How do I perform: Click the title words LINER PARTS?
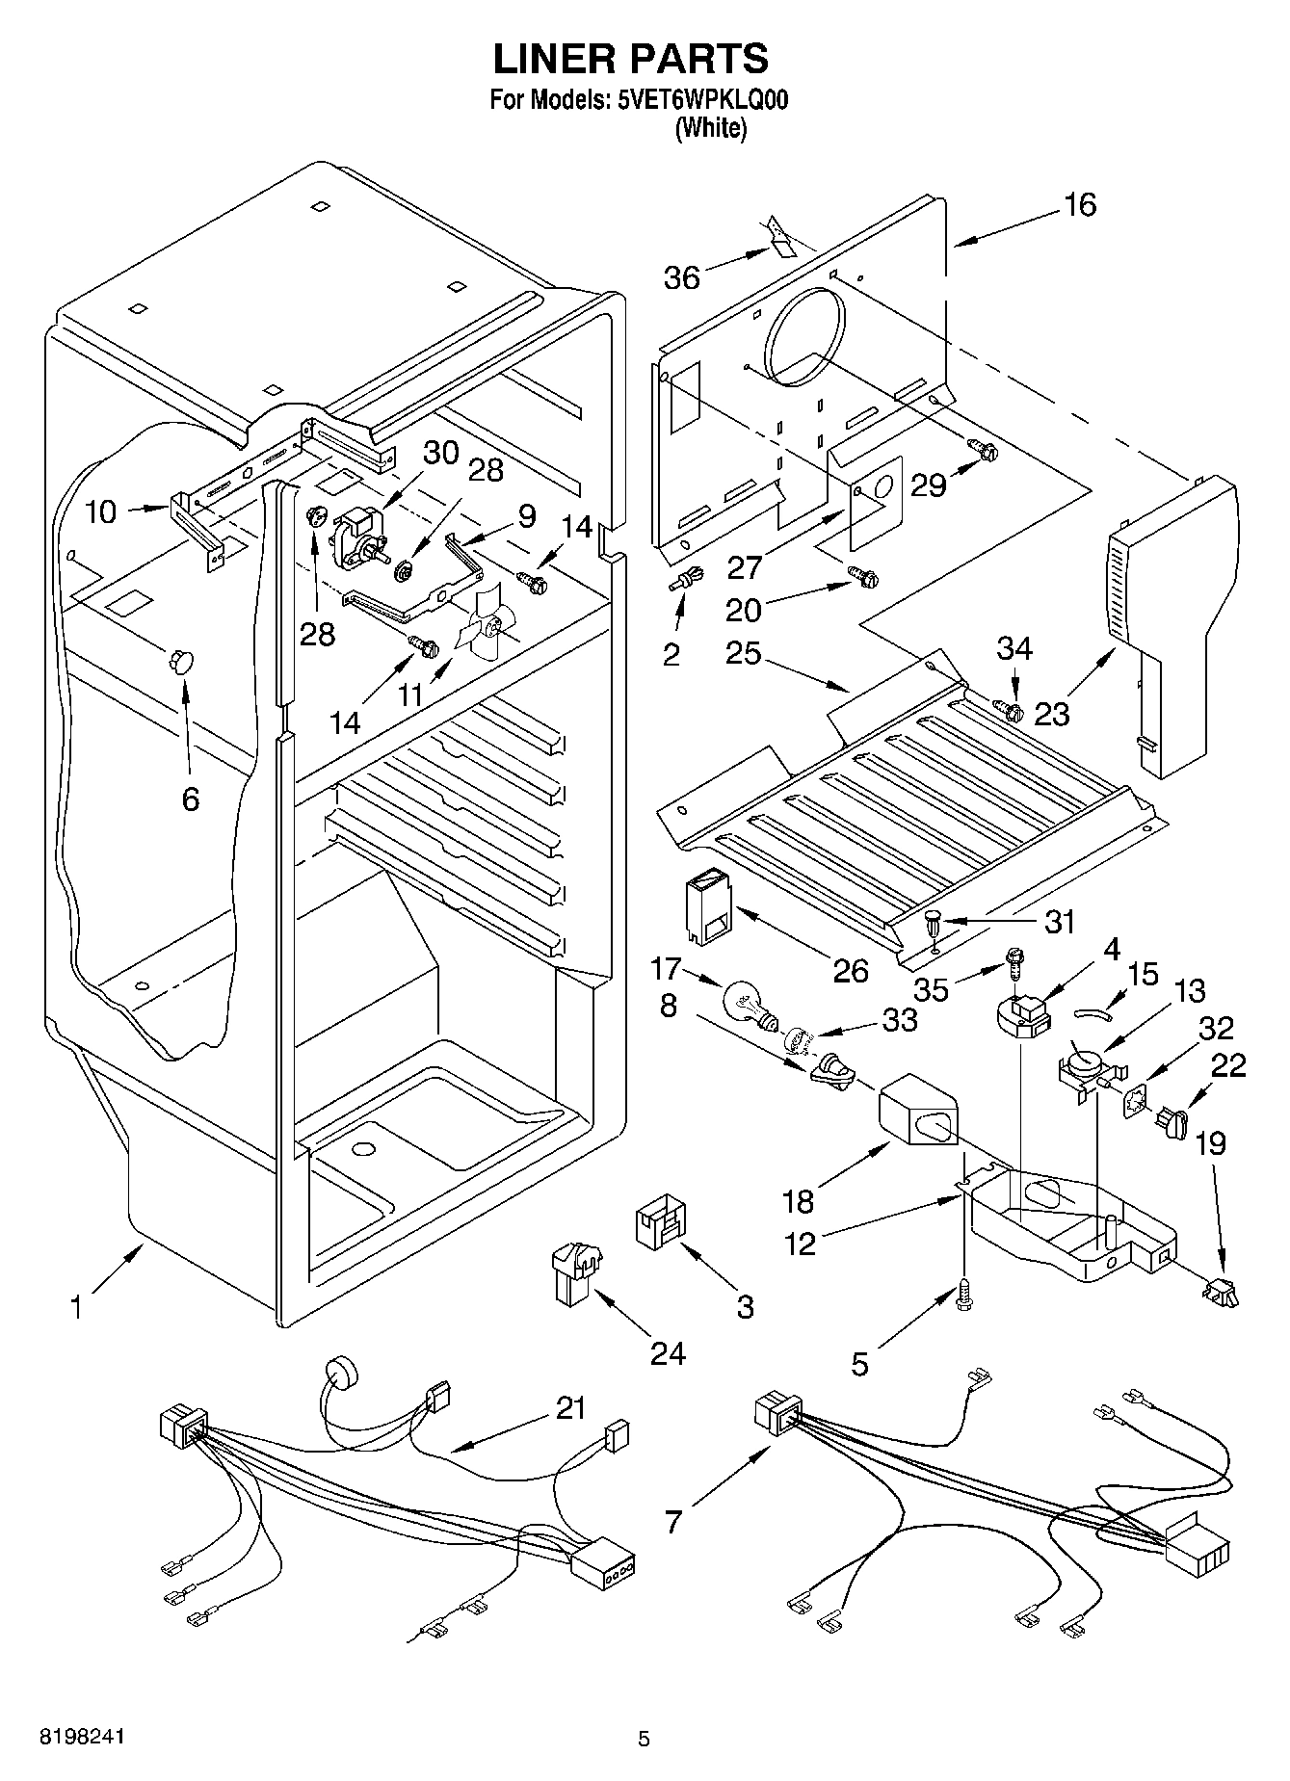click(631, 59)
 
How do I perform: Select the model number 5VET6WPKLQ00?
click(699, 101)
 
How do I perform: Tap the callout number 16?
click(1080, 204)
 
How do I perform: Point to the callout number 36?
click(682, 278)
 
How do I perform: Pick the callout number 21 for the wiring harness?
click(570, 1408)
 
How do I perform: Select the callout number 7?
click(672, 1521)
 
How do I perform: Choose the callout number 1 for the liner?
click(75, 1307)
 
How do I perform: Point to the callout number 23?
click(1052, 714)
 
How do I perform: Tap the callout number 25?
click(744, 654)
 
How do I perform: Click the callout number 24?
click(667, 1353)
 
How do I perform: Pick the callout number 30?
click(441, 453)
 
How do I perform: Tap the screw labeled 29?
click(981, 449)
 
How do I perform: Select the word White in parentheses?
click(711, 128)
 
